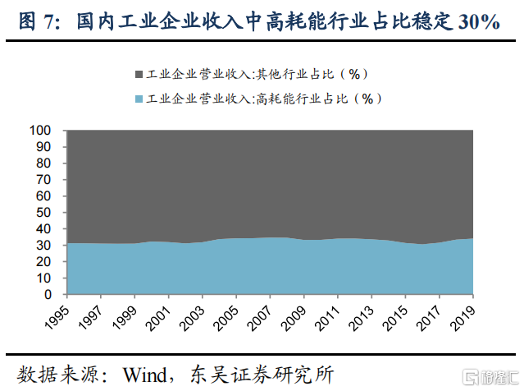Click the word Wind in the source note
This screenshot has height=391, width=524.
pos(145,373)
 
